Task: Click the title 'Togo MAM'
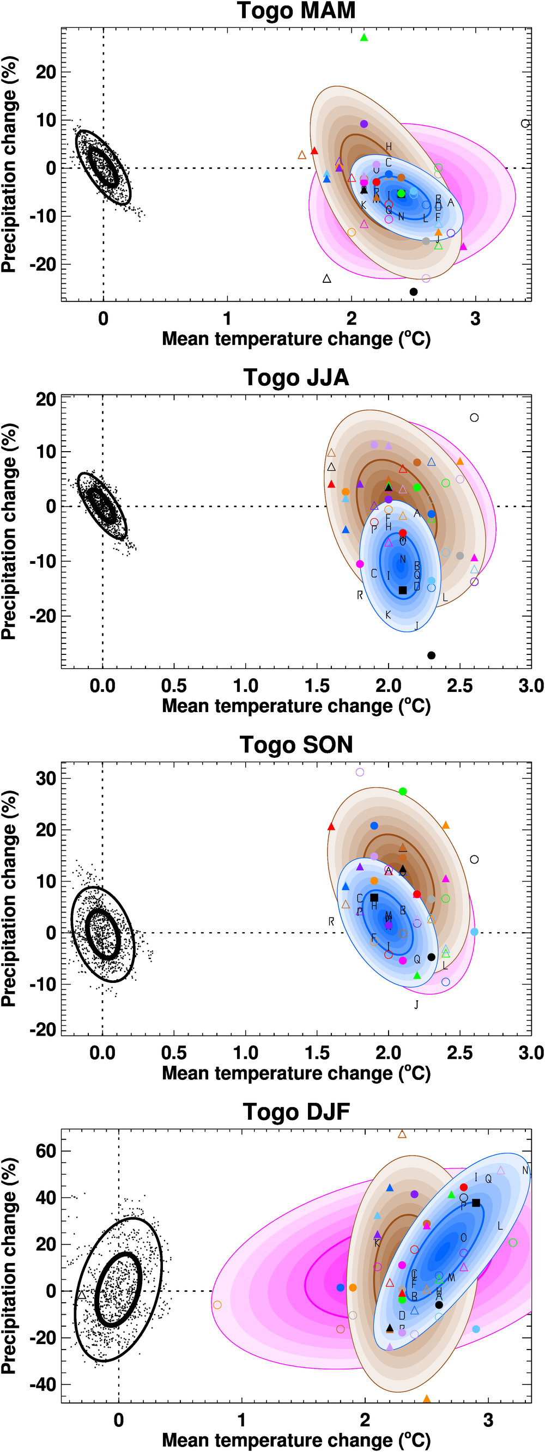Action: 296,11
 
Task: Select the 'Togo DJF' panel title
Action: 296,1112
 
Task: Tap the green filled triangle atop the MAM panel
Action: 364,38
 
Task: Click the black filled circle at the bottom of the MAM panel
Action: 414,291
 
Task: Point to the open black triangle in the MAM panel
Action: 327,278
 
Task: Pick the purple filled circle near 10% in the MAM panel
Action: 364,124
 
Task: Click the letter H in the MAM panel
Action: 389,147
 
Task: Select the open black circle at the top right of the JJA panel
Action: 474,418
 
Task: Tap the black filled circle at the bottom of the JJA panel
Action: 431,655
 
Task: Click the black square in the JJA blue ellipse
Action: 402,590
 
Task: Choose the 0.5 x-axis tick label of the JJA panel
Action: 174,685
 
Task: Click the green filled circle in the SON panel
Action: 402,792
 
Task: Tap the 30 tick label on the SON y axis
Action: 46,779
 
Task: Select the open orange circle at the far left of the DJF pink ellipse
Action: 217,1305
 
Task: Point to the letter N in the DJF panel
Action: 525,1171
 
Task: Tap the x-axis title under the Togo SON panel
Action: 296,1073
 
